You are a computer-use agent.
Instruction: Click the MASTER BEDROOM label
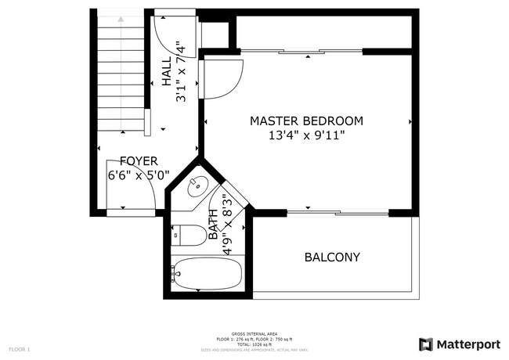[306, 121]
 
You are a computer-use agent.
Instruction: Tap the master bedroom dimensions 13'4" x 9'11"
[306, 135]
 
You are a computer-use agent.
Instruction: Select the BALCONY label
[332, 257]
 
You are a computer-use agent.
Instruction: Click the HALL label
[167, 74]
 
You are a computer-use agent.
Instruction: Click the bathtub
[207, 274]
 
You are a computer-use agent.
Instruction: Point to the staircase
[121, 74]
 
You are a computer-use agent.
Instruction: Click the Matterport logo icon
[426, 344]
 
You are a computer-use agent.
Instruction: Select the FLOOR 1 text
[19, 348]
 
